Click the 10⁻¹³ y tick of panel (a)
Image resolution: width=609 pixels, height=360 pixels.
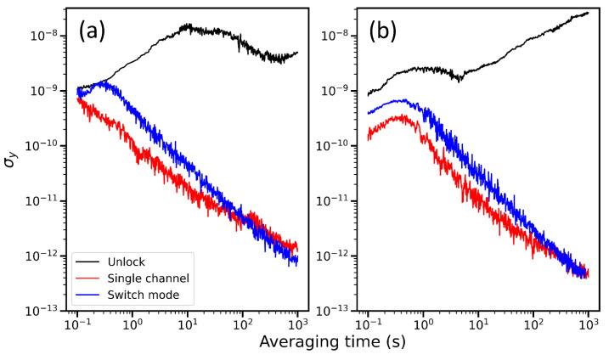pyautogui.click(x=44, y=310)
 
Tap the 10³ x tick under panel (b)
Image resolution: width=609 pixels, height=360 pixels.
pyautogui.click(x=588, y=326)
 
